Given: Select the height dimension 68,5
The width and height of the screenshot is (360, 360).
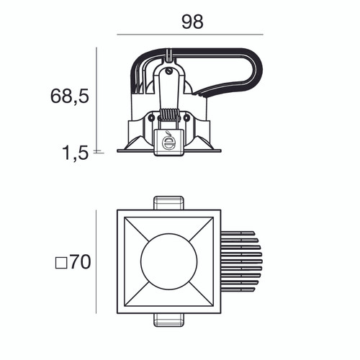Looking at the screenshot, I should (x=70, y=96).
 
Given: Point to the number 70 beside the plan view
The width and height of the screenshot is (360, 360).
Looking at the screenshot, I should (x=80, y=262).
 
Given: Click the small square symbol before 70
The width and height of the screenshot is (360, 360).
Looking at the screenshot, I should (x=60, y=263).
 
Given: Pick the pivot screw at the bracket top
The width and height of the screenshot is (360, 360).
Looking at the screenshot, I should (x=170, y=71).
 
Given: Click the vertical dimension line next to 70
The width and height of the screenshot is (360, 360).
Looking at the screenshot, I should (x=96, y=262).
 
